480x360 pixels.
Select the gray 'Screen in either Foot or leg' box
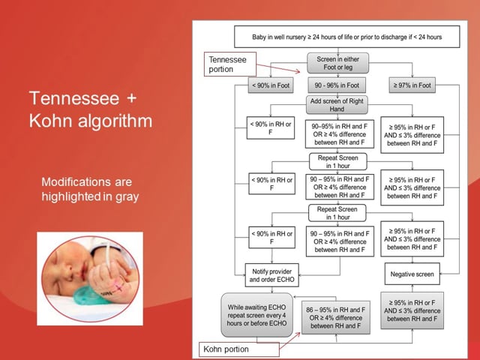coord(337,62)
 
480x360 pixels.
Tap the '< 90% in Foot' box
coord(270,86)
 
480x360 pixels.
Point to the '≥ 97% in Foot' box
coord(412,86)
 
